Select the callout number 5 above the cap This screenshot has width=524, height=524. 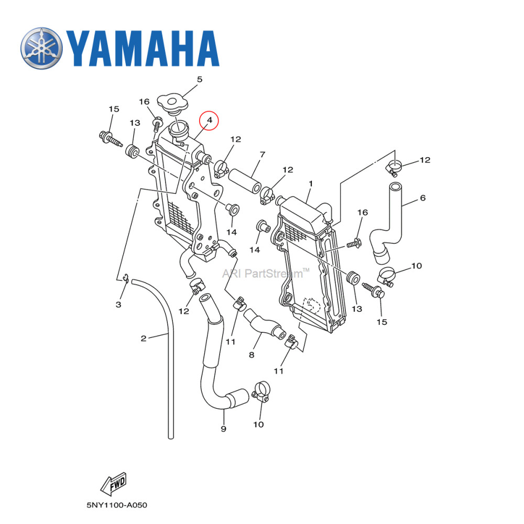pyautogui.click(x=199, y=80)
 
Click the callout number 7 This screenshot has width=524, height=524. pyautogui.click(x=262, y=155)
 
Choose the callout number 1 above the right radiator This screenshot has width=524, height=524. pyautogui.click(x=311, y=184)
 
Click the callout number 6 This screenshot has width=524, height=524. pyautogui.click(x=422, y=198)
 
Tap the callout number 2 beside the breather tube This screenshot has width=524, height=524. pyautogui.click(x=143, y=338)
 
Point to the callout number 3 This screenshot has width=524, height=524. pyautogui.click(x=118, y=304)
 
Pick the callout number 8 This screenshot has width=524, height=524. pyautogui.click(x=252, y=355)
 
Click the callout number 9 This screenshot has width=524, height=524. pyautogui.click(x=223, y=429)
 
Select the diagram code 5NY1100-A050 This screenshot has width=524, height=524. pyautogui.click(x=117, y=506)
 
